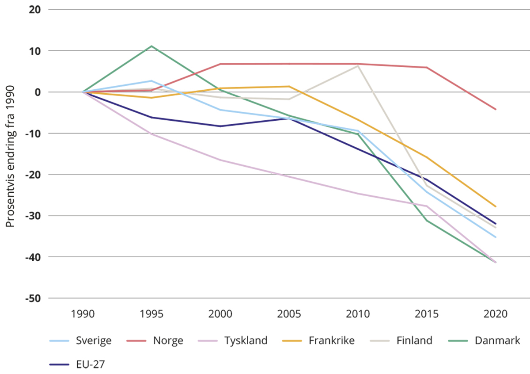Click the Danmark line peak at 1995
pos(151,46)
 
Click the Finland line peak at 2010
pos(358,66)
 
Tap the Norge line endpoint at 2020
pos(496,109)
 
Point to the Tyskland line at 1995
pos(151,134)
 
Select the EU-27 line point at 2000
pos(220,126)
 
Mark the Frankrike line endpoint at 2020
pos(496,206)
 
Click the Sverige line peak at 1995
pos(151,81)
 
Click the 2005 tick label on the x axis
pos(289,315)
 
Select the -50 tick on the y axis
pos(34,298)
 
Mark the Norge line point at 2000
pos(220,64)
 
